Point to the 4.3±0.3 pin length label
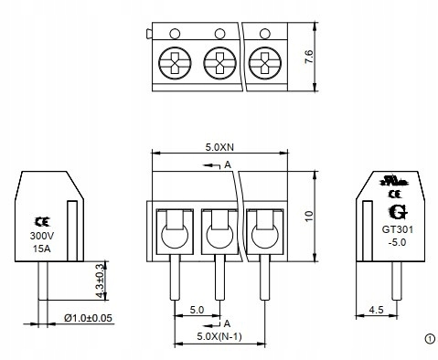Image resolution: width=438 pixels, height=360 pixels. pos(100,277)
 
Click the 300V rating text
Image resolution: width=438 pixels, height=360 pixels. pos(42,235)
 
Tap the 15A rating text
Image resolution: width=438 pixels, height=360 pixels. pos(42,248)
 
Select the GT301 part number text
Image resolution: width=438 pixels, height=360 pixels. pos(395,230)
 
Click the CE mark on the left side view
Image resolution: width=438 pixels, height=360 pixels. pos(42,221)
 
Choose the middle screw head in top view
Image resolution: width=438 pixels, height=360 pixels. pos(218,65)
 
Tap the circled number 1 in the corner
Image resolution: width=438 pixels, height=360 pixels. pos(430,338)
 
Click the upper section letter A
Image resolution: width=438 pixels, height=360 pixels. pos(226,165)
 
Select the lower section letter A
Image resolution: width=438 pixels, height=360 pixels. pos(226,323)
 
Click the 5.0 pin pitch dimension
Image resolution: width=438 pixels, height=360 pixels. pos(195,310)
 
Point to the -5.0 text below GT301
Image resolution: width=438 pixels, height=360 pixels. pos(395,243)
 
